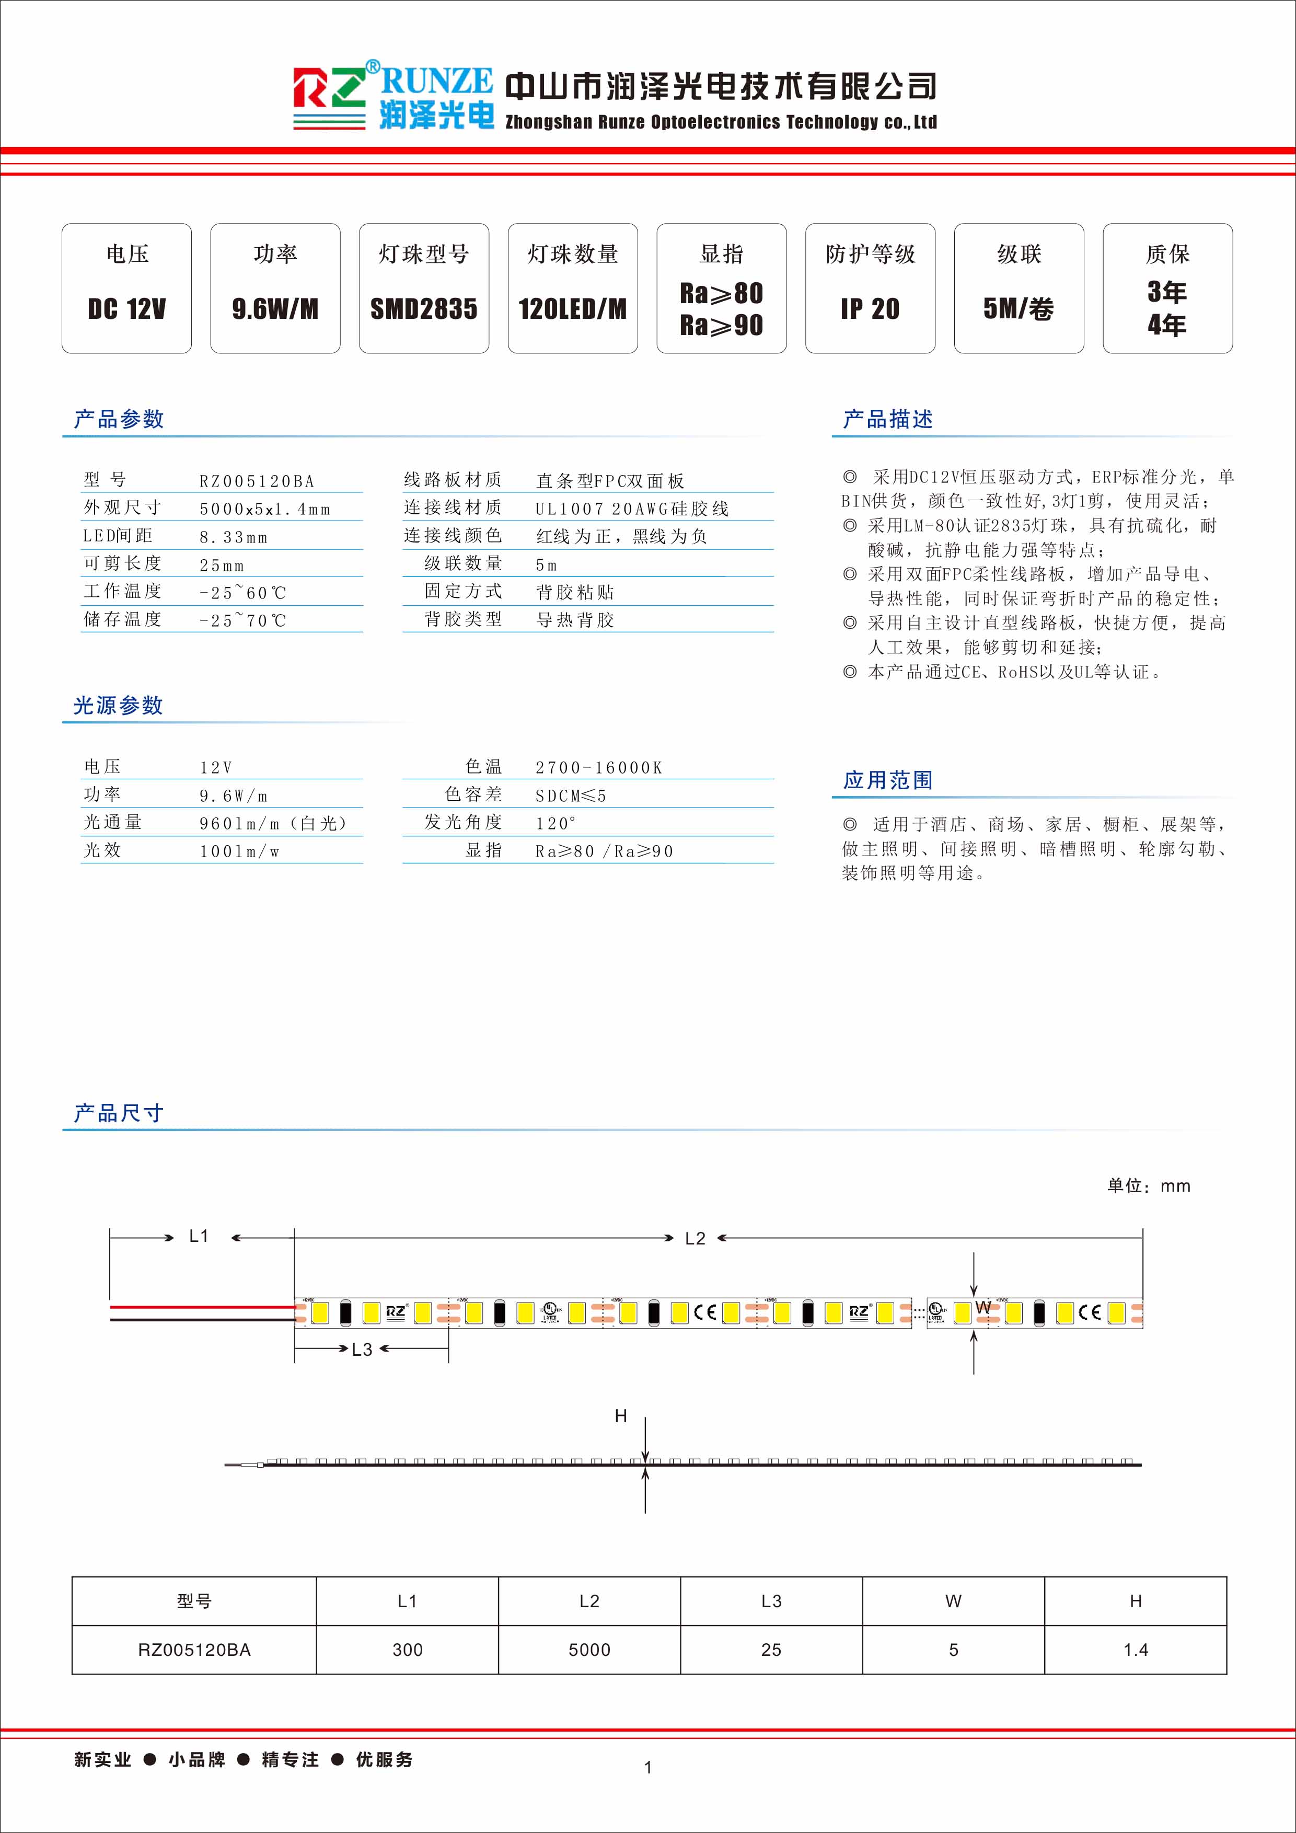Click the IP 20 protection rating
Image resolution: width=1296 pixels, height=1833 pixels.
[x=870, y=309]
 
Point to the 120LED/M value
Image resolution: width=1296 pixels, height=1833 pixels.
[x=572, y=309]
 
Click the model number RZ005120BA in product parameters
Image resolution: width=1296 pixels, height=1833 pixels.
[x=257, y=481]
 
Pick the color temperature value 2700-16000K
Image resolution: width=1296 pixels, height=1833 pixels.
[x=598, y=768]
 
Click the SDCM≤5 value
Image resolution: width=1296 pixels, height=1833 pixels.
[x=571, y=796]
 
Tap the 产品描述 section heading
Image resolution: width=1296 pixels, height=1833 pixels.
[x=887, y=419]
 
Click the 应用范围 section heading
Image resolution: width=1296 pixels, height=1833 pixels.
[x=887, y=780]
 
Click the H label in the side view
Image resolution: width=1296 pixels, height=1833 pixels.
[x=621, y=1416]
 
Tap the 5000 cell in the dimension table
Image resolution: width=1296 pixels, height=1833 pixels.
[x=589, y=1650]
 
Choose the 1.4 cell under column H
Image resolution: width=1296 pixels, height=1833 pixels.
[x=1135, y=1650]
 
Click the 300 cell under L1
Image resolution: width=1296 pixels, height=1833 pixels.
[x=407, y=1650]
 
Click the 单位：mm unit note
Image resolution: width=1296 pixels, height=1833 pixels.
[x=1148, y=1186]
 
